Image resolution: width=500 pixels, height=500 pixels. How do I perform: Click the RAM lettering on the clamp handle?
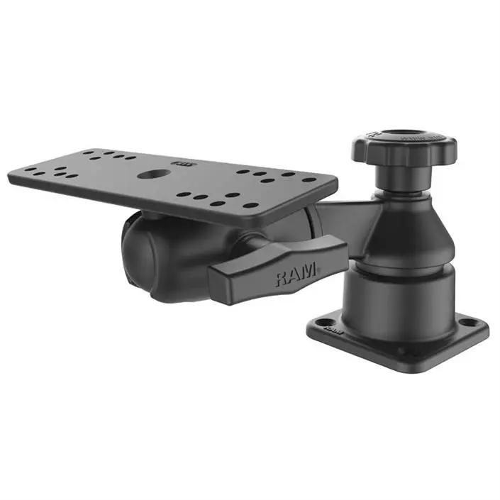click(x=297, y=274)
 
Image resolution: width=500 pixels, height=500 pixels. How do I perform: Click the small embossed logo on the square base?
click(x=332, y=329)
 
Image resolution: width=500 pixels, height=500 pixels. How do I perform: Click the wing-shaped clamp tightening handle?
click(x=277, y=267)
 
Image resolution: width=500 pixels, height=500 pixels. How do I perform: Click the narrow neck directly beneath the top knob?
click(x=402, y=178)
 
